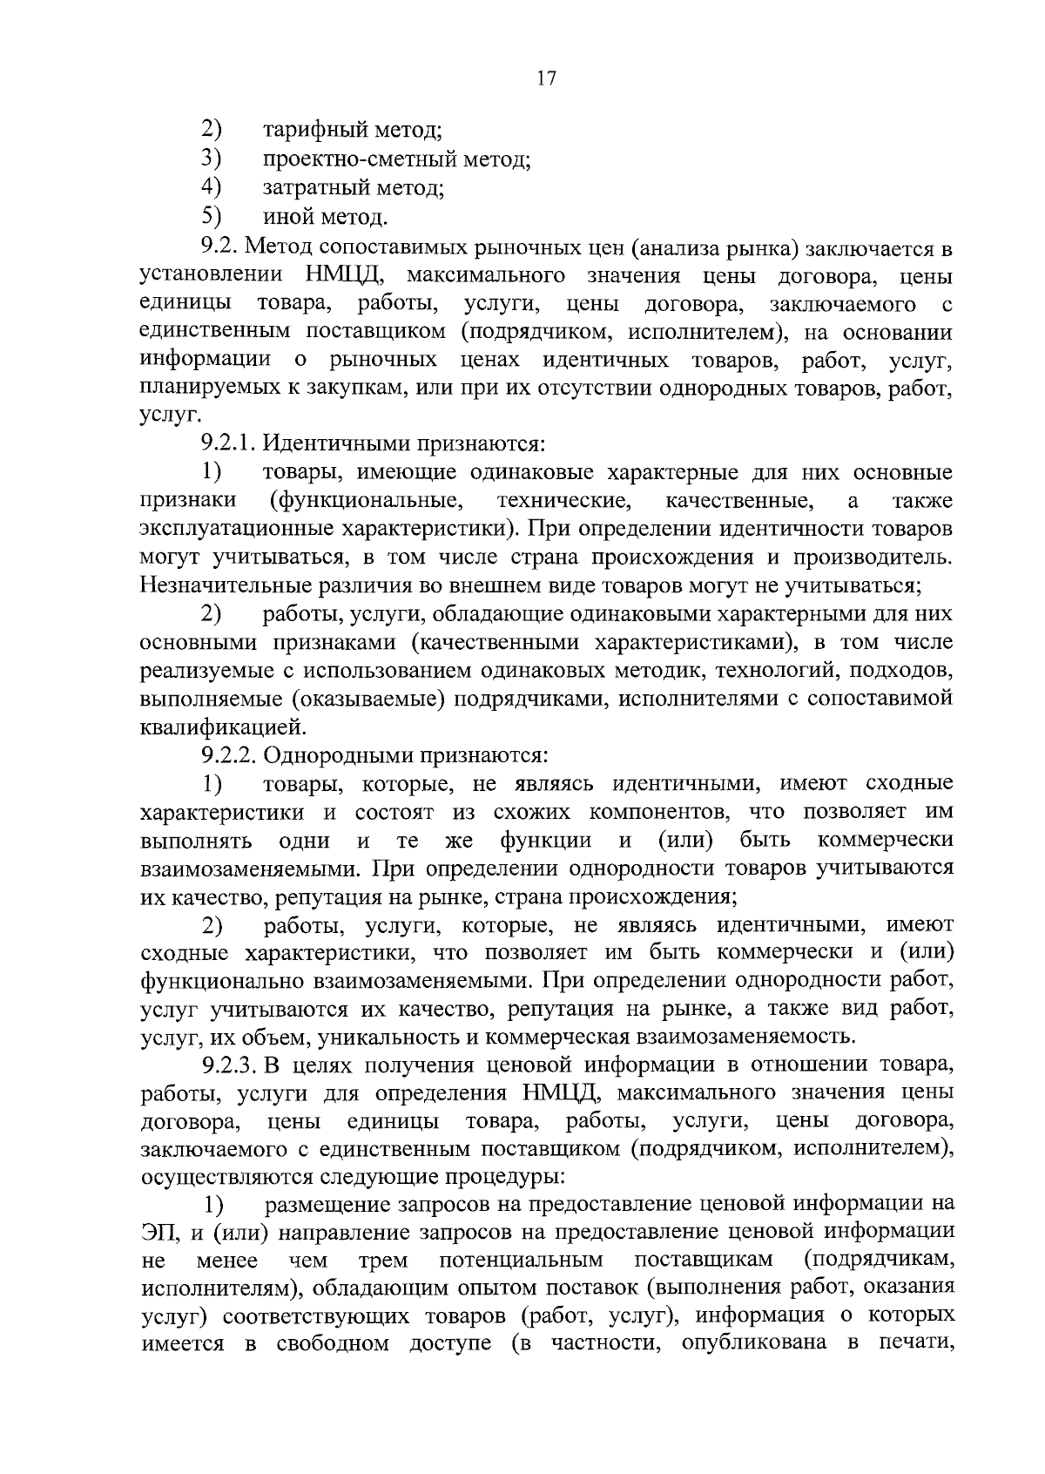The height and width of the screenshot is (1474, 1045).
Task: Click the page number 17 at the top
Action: [546, 78]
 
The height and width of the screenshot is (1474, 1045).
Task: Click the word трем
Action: [384, 1261]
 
